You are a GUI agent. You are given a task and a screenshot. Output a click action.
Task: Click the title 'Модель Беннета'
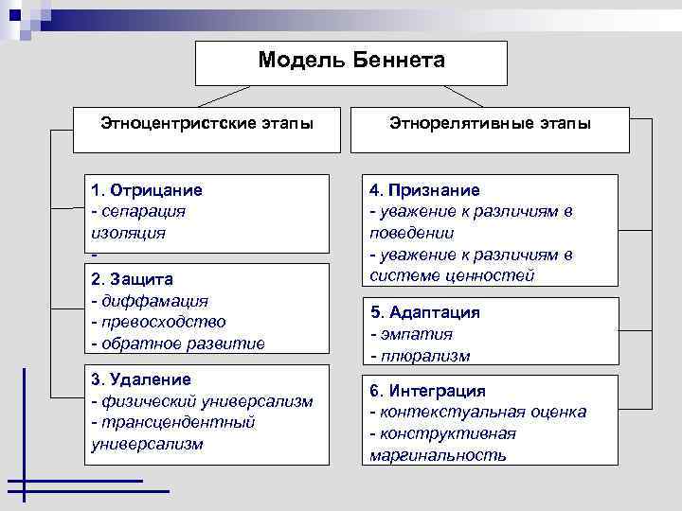click(x=350, y=61)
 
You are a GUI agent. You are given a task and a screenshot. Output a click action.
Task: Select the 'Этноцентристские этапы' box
click(x=207, y=124)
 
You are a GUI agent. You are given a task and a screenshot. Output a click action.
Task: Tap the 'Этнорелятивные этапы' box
click(x=490, y=124)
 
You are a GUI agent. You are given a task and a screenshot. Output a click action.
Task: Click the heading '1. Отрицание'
click(x=147, y=190)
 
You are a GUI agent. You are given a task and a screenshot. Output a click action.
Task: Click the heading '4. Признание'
click(x=424, y=190)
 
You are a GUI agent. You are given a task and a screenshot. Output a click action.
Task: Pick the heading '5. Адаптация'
click(x=425, y=312)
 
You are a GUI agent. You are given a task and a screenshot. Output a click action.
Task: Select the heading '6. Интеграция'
click(x=428, y=391)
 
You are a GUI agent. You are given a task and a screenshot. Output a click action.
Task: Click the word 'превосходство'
click(x=162, y=323)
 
